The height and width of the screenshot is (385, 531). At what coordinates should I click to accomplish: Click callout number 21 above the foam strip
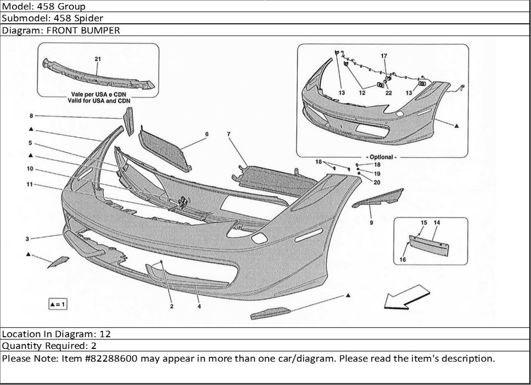[97, 59]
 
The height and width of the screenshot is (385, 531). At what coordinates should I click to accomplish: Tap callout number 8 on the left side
[31, 116]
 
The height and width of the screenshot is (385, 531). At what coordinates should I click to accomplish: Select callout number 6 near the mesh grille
[207, 134]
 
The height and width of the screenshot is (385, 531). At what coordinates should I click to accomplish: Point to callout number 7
[228, 134]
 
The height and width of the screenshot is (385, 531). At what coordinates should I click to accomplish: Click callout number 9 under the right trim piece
[371, 223]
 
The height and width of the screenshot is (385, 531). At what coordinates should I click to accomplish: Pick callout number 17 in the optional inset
[384, 56]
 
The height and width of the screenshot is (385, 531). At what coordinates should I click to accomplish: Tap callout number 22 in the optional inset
[389, 93]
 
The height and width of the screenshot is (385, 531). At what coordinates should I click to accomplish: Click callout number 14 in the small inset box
[436, 222]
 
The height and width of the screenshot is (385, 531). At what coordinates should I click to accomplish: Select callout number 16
[403, 260]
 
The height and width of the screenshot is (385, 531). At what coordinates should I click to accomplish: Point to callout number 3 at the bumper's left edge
[27, 239]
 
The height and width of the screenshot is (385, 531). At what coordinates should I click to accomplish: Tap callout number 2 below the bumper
[172, 306]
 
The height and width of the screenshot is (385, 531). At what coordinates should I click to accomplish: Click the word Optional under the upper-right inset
[382, 157]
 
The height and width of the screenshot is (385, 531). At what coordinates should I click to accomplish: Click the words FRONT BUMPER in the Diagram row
[84, 30]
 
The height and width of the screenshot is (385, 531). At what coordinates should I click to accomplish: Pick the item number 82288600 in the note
[114, 358]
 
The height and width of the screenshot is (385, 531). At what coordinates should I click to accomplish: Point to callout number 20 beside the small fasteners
[377, 182]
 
